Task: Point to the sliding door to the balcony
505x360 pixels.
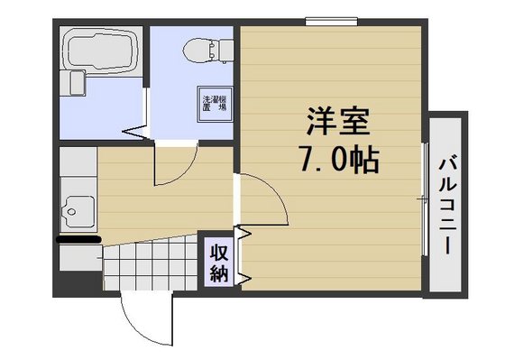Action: coord(425,199)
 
